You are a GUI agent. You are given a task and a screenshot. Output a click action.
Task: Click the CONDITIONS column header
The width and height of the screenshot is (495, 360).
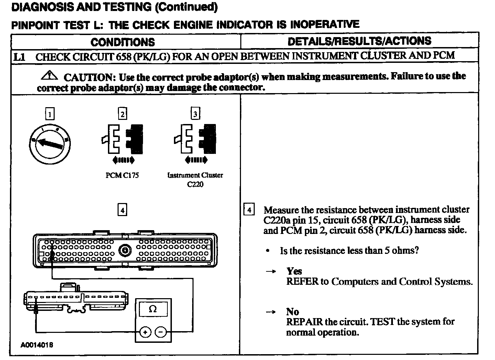tap(122, 42)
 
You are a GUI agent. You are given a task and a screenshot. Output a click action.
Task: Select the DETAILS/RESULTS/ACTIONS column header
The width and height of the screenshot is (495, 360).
tap(359, 41)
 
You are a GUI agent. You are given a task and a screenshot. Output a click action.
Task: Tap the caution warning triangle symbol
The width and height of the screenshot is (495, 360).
tap(50, 75)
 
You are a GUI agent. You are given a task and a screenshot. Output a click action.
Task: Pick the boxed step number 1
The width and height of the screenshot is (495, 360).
tap(50, 114)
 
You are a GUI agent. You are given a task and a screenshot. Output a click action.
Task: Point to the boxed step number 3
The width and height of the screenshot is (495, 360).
tap(195, 114)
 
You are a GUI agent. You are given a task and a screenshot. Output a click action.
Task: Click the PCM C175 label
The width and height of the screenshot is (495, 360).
tap(122, 175)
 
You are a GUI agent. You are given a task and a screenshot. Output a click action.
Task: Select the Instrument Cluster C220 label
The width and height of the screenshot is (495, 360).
tap(195, 179)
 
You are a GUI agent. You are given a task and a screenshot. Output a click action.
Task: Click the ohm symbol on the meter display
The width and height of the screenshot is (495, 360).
tap(153, 309)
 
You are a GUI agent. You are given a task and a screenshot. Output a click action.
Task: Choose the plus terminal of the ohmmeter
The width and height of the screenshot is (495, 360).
tap(145, 332)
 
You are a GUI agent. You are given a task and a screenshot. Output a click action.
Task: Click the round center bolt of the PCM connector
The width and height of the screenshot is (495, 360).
tap(125, 250)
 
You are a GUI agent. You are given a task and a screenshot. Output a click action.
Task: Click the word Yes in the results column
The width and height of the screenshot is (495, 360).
tap(294, 271)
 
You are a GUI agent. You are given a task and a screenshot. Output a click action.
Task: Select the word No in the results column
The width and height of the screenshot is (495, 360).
tap(293, 312)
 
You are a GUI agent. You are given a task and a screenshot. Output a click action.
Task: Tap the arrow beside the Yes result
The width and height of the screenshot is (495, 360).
tap(271, 272)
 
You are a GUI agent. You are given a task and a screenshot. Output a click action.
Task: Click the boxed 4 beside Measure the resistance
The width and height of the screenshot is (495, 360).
tap(249, 210)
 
